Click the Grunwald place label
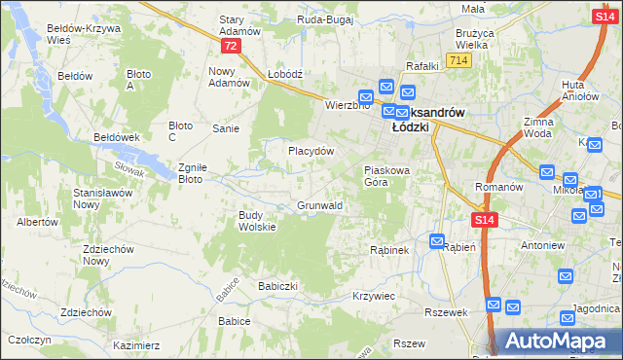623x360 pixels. (x=318, y=206)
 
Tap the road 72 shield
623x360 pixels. (x=230, y=47)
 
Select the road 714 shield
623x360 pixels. (x=459, y=61)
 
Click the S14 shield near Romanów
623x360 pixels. (x=486, y=222)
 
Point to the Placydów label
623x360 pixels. (x=311, y=152)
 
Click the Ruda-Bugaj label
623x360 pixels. (x=325, y=18)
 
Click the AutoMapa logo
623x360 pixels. (x=556, y=342)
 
